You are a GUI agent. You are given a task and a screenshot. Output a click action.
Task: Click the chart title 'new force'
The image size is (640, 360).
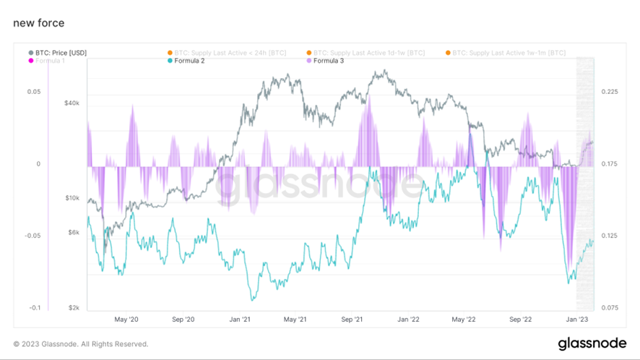pos(38,23)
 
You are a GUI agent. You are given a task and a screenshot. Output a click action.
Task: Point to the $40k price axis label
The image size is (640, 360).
pos(72,103)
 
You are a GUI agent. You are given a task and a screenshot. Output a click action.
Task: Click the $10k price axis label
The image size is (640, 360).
pos(72,198)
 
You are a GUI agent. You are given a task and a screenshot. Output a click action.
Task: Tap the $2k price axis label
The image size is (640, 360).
pos(73,308)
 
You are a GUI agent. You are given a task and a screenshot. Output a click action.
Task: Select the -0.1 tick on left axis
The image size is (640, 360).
pos(34,308)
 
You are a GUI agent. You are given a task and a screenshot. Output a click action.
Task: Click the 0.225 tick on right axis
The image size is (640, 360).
pos(610,92)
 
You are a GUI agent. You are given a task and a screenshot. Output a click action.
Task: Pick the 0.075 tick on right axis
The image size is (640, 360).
pos(610,308)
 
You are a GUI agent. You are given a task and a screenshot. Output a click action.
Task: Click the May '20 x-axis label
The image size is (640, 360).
pos(126,319)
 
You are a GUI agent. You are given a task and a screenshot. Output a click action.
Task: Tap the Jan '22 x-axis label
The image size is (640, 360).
pos(408,319)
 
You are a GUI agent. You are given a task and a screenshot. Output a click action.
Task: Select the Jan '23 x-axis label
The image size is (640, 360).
pos(576,319)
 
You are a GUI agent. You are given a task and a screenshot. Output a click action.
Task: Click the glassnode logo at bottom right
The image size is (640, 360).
pos(592,343)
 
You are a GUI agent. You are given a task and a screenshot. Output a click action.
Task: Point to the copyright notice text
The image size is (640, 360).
pos(81,344)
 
